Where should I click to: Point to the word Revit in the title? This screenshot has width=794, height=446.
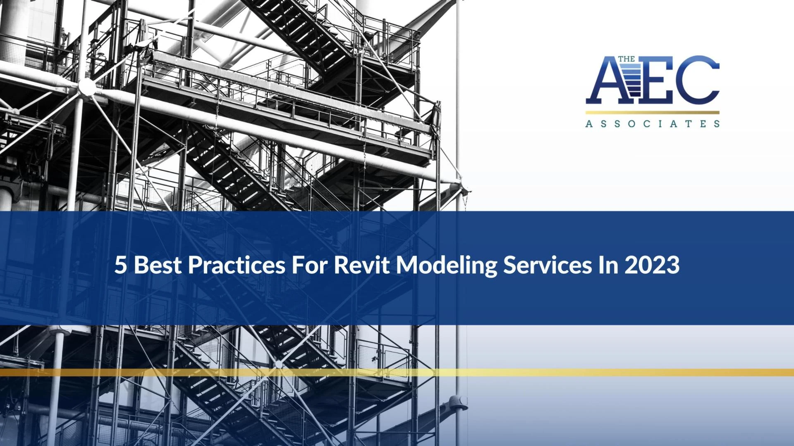(361, 265)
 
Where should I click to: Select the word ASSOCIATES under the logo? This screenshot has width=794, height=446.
(652, 123)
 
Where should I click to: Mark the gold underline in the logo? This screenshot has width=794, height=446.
(652, 112)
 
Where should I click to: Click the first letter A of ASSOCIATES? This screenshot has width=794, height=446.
(588, 123)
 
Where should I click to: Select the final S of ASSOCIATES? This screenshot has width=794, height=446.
(717, 123)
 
